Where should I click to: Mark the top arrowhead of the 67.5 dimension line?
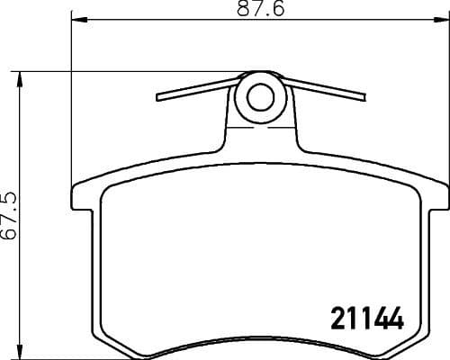(20, 76)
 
